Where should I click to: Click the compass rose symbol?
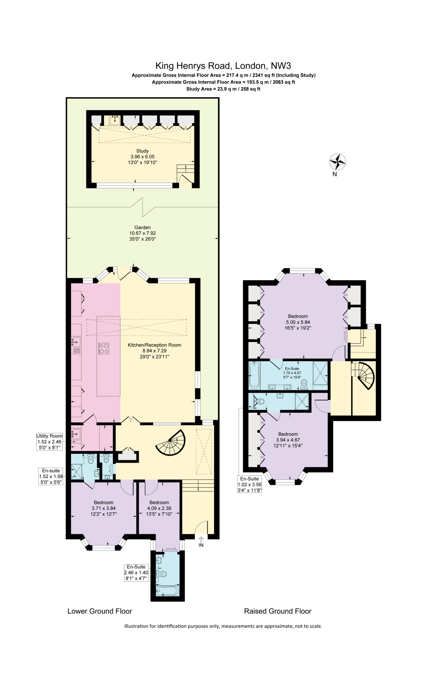click(337, 162)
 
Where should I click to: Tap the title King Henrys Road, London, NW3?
click(223, 66)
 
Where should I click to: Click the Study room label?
click(142, 151)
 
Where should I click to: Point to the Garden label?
click(142, 227)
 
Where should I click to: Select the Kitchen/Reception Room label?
click(154, 345)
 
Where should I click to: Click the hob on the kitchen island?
click(103, 349)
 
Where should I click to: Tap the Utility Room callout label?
click(49, 442)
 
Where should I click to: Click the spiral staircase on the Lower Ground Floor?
click(171, 443)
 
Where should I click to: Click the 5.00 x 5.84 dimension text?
click(298, 322)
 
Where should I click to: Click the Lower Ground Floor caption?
click(100, 611)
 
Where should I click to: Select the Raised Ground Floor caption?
click(277, 611)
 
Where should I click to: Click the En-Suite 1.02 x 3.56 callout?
click(249, 484)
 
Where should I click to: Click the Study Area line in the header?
click(223, 89)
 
